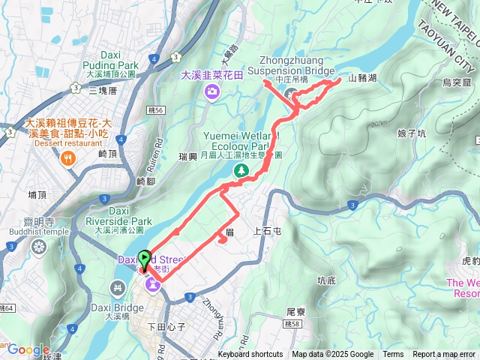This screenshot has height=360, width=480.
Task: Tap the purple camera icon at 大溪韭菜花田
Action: point(212,91)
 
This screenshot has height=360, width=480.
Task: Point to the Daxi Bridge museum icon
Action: point(117,287)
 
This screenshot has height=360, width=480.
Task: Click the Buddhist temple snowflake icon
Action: point(38,247)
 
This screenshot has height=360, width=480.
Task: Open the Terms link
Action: point(393,355)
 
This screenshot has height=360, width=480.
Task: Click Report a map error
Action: point(444,355)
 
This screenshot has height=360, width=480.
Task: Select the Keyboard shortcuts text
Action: point(250,355)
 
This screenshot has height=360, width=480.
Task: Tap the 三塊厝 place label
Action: point(103,90)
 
